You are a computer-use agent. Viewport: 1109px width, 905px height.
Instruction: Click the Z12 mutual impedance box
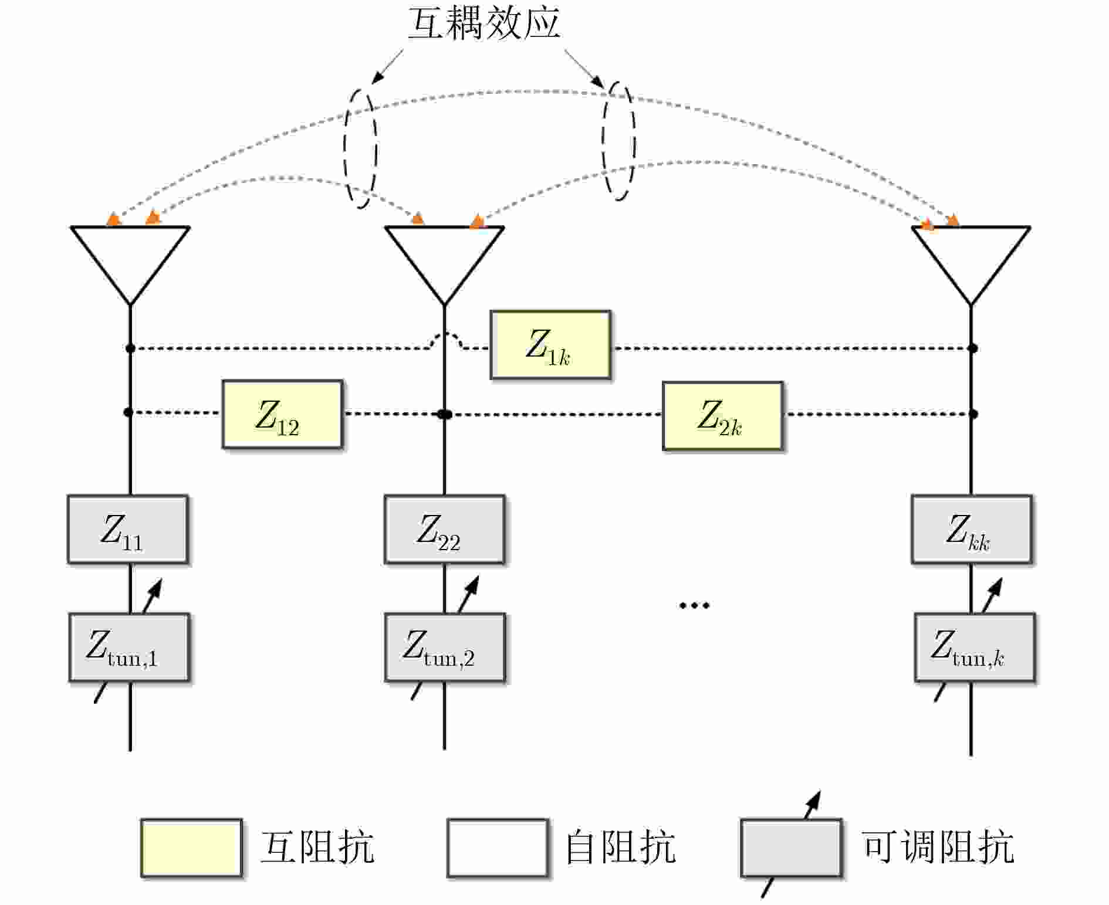click(x=282, y=414)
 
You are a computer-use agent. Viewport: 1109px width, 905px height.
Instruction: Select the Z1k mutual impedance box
click(x=550, y=345)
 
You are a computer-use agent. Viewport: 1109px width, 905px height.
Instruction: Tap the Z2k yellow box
click(x=722, y=416)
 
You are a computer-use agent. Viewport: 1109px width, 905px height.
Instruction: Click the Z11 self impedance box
click(x=128, y=530)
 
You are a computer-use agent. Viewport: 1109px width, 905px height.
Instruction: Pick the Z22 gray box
click(x=444, y=530)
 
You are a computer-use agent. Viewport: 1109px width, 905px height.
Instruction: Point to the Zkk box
click(x=971, y=530)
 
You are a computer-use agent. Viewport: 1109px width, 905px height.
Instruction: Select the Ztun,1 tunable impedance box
click(x=129, y=648)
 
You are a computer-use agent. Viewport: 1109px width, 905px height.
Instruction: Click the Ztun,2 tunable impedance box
click(x=444, y=648)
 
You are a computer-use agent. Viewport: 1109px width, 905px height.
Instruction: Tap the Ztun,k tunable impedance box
click(x=974, y=648)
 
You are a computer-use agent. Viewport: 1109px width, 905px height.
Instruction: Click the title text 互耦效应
click(x=484, y=23)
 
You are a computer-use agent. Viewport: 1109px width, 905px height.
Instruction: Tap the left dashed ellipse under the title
click(x=360, y=148)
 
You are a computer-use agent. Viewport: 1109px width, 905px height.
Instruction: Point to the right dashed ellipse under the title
click(x=618, y=141)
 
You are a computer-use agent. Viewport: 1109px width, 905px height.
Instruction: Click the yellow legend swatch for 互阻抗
click(x=191, y=848)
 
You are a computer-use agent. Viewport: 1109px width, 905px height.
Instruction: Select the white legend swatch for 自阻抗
click(x=498, y=848)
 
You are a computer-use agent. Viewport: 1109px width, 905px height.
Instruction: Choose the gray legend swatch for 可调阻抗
click(x=791, y=848)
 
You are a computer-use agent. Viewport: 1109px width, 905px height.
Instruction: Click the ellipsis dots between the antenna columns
click(x=694, y=605)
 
